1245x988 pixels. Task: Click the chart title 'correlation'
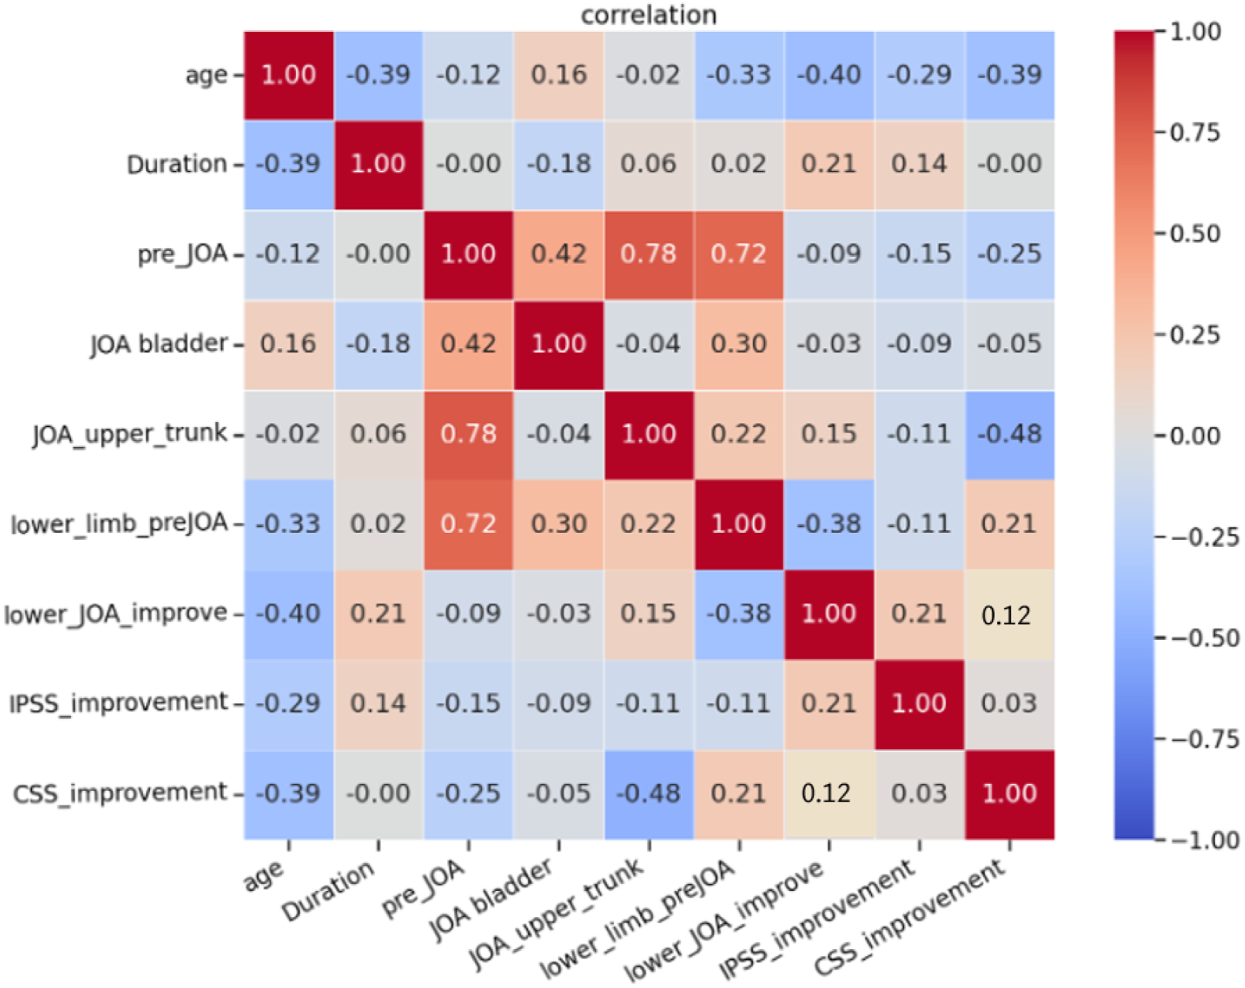click(648, 15)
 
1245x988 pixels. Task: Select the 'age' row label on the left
click(206, 76)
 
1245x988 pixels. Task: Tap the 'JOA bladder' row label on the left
click(159, 344)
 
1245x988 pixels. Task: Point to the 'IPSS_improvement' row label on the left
click(118, 703)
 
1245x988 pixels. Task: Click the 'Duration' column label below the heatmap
click(328, 890)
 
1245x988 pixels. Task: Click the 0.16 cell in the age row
click(559, 76)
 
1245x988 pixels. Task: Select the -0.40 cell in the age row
click(829, 76)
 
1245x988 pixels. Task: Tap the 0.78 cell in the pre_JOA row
click(649, 255)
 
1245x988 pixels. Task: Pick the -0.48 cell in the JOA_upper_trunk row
click(1010, 435)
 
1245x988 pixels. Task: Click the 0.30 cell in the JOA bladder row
click(739, 345)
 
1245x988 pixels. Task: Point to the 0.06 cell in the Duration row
click(649, 165)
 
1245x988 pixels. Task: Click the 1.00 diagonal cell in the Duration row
click(379, 165)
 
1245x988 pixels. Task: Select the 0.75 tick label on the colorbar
click(1195, 133)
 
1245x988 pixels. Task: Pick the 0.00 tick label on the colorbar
click(1195, 436)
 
